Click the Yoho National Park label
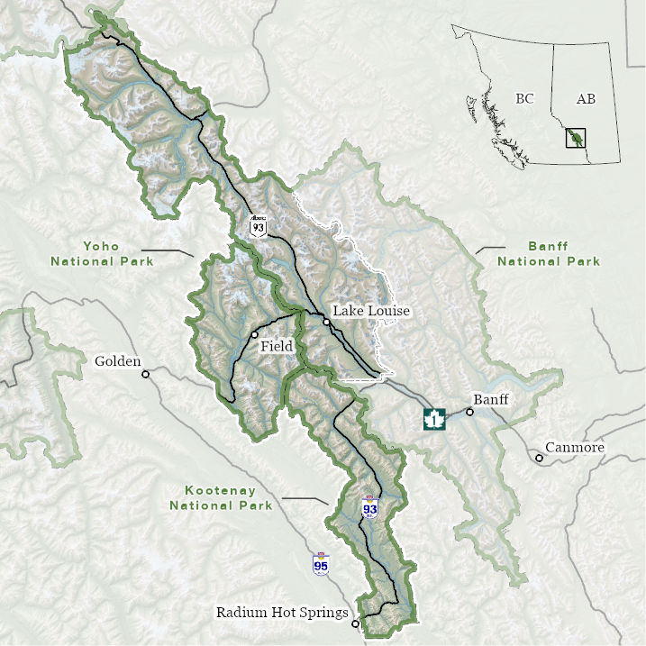(x=102, y=253)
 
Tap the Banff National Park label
(x=549, y=253)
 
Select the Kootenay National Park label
(x=221, y=497)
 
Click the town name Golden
(x=118, y=362)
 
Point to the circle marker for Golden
(x=146, y=373)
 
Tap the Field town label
(x=277, y=346)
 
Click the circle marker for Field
(x=255, y=334)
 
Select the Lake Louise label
(x=371, y=311)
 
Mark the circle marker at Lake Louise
(x=326, y=321)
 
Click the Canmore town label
(x=575, y=448)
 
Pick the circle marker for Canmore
(x=540, y=458)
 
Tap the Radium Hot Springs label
(x=282, y=613)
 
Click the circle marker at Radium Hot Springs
(x=356, y=623)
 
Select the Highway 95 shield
(x=321, y=565)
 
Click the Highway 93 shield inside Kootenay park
(x=369, y=507)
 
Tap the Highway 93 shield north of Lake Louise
(x=259, y=227)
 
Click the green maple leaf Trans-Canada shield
(x=435, y=419)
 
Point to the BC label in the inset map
(x=524, y=98)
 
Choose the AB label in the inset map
(x=586, y=98)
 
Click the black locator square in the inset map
(x=575, y=138)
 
